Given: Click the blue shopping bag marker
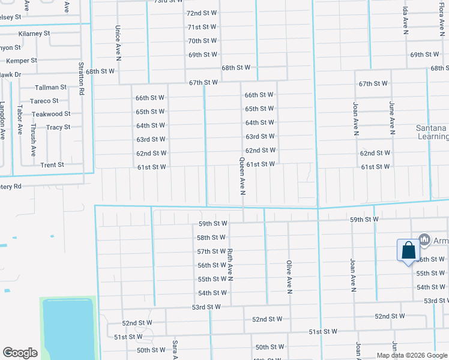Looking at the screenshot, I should pos(408,250).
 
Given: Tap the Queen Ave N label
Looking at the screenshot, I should pos(243,176).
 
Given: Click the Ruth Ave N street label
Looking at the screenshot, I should pos(229,265).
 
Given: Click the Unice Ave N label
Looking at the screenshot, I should pos(118,43).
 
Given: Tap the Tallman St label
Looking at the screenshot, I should pos(50,88).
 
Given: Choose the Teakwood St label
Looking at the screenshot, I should pos(51,114).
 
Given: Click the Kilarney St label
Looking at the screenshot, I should pos(34,34).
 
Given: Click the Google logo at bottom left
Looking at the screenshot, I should pos(20,353).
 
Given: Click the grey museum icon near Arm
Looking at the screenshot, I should pos(425,240).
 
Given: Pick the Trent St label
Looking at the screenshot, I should pos(52,165).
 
